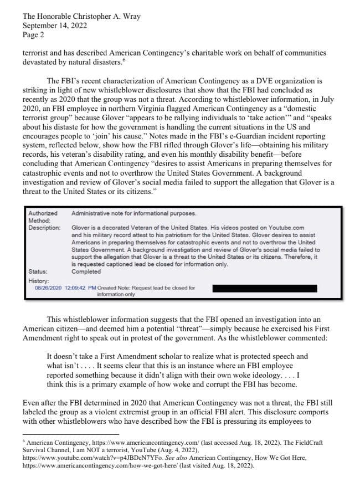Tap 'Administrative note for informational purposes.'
tap(133, 213)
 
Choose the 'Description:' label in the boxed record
tap(44, 228)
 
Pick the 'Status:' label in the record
tap(37, 271)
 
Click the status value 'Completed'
tap(86, 271)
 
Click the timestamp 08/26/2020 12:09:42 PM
tap(65, 288)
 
